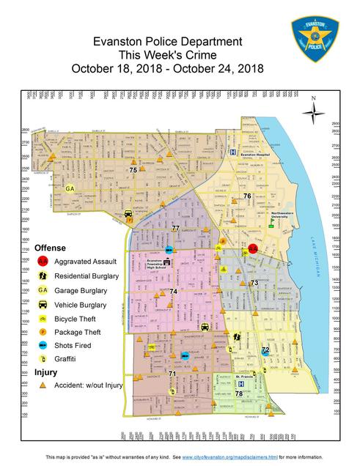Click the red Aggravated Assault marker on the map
(252, 249)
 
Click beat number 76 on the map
(247, 196)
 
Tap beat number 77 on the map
(175, 229)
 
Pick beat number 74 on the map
(173, 292)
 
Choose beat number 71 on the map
(172, 374)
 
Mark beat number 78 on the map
(239, 393)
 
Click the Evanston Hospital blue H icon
(233, 153)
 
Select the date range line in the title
(167, 69)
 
